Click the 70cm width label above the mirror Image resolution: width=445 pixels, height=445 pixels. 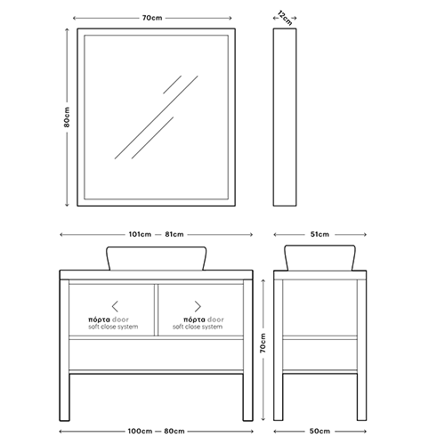pyautogui.click(x=152, y=18)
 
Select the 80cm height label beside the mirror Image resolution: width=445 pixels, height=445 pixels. pyautogui.click(x=67, y=117)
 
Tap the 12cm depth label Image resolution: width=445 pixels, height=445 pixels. pyautogui.click(x=285, y=18)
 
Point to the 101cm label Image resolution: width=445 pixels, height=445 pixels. pyautogui.click(x=140, y=234)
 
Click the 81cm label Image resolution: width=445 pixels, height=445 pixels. pyautogui.click(x=174, y=234)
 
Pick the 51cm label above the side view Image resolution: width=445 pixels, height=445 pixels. pyautogui.click(x=320, y=234)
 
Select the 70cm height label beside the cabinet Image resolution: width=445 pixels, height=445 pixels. pyautogui.click(x=263, y=343)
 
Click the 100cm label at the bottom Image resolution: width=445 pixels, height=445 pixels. pyautogui.click(x=140, y=431)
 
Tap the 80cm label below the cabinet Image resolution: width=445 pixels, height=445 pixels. pyautogui.click(x=174, y=431)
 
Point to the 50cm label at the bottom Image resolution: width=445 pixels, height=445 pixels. pyautogui.click(x=320, y=431)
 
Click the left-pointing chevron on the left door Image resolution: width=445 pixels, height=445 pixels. pyautogui.click(x=115, y=306)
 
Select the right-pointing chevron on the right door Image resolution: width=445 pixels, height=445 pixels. pyautogui.click(x=198, y=306)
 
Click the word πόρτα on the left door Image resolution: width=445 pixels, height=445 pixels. pyautogui.click(x=100, y=320)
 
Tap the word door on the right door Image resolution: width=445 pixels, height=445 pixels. pyautogui.click(x=215, y=320)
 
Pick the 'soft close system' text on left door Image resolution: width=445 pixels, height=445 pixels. pyautogui.click(x=113, y=327)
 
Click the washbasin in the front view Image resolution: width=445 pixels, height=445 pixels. pyautogui.click(x=157, y=258)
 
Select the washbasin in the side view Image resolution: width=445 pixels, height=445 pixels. pyautogui.click(x=320, y=257)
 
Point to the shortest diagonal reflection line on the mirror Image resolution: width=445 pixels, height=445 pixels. pyautogui.click(x=172, y=85)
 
